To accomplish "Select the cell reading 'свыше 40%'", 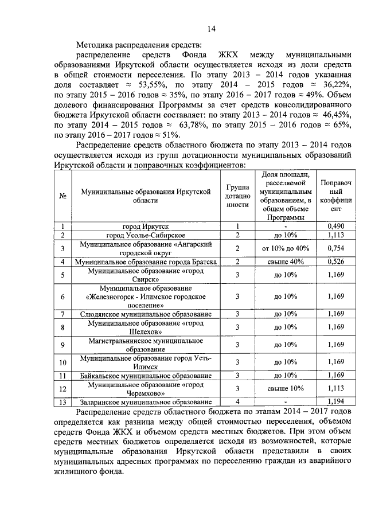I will click(285, 262).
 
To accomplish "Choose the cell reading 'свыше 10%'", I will click(285, 389).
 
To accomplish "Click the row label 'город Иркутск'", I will click(145, 226).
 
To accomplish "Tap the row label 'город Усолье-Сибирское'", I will click(145, 235).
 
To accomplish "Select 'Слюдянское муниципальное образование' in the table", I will click(145, 314).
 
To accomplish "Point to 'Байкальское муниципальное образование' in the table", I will click(145, 375).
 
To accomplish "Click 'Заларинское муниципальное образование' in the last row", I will click(145, 403).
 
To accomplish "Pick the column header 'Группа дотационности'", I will click(237, 196).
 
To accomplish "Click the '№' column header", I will click(62, 196).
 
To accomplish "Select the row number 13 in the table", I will click(62, 403).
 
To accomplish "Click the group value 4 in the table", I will click(237, 403).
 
